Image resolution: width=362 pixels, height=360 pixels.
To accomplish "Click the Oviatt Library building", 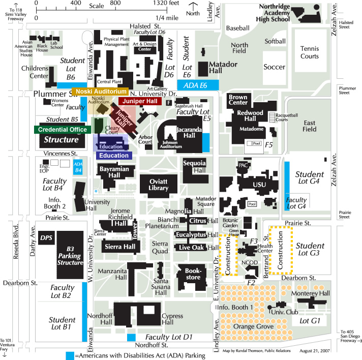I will point(158,186).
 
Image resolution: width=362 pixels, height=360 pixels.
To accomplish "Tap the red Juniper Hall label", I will point(139,102).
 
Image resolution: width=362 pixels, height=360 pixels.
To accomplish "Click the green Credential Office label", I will point(59,130).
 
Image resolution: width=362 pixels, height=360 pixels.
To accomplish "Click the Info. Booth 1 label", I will point(235,307).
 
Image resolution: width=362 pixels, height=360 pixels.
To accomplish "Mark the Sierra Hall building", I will point(120,247).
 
